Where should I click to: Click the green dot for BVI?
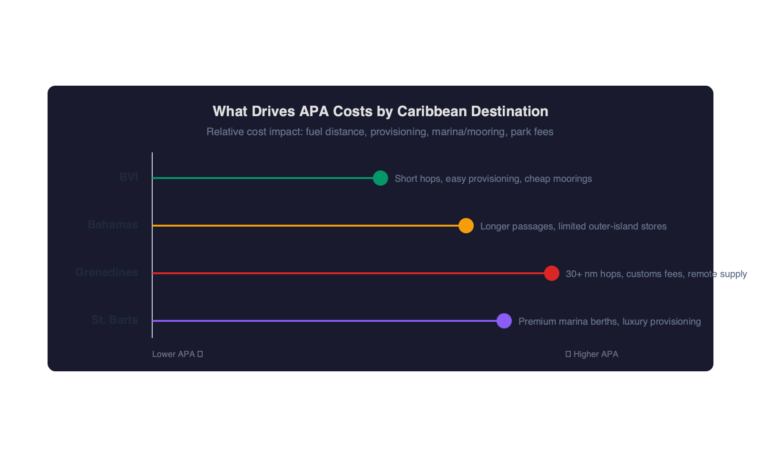pyautogui.click(x=380, y=178)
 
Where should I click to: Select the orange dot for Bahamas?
pyautogui.click(x=466, y=226)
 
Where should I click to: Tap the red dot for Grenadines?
pyautogui.click(x=552, y=273)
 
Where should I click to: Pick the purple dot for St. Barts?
pyautogui.click(x=504, y=321)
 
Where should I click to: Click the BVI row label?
pyautogui.click(x=128, y=177)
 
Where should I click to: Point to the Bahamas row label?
pyautogui.click(x=113, y=225)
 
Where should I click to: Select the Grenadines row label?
pyautogui.click(x=107, y=272)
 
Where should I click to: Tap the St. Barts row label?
pyautogui.click(x=115, y=320)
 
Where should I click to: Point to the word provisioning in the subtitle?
pyautogui.click(x=398, y=132)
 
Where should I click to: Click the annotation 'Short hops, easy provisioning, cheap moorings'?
pyautogui.click(x=493, y=179)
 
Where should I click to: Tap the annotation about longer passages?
pyautogui.click(x=573, y=226)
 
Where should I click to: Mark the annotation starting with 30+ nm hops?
pyautogui.click(x=656, y=274)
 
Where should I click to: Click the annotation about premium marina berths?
pyautogui.click(x=609, y=321)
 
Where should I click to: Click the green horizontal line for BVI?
pyautogui.click(x=262, y=178)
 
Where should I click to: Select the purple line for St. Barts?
pyautogui.click(x=323, y=321)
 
